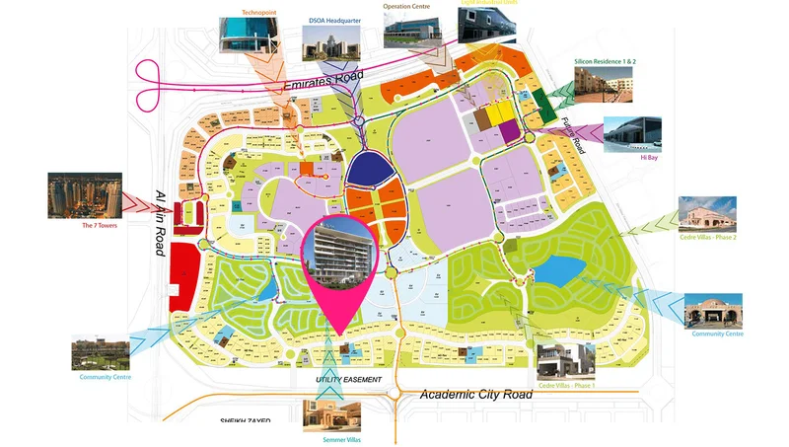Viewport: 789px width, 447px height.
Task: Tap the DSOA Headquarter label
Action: coord(333,21)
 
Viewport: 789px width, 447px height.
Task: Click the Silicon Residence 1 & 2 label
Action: coord(606,61)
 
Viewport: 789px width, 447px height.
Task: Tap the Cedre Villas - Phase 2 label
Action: coord(708,238)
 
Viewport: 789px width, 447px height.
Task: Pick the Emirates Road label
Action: coord(323,82)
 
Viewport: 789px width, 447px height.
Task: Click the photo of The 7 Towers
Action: coord(85,194)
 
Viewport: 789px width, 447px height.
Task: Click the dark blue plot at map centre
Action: coord(367,174)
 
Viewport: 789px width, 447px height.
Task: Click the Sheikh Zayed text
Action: coord(252,421)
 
